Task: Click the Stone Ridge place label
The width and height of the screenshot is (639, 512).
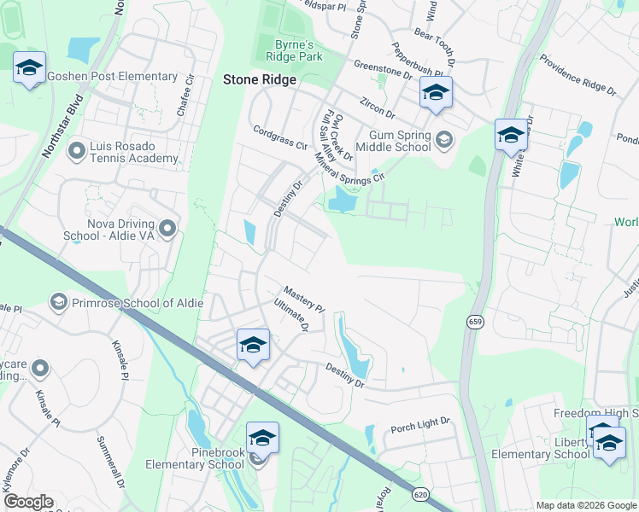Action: (x=259, y=79)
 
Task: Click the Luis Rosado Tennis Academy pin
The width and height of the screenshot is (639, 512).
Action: (x=76, y=151)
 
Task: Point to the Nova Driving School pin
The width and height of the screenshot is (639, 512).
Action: (x=167, y=228)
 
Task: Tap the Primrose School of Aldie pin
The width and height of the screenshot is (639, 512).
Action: (x=59, y=301)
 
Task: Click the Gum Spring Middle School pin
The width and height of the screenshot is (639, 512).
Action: (x=444, y=138)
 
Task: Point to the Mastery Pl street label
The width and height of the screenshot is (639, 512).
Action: (x=305, y=299)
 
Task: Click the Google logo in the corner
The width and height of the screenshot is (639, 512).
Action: (x=29, y=502)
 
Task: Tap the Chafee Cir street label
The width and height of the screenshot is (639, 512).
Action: (x=185, y=95)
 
